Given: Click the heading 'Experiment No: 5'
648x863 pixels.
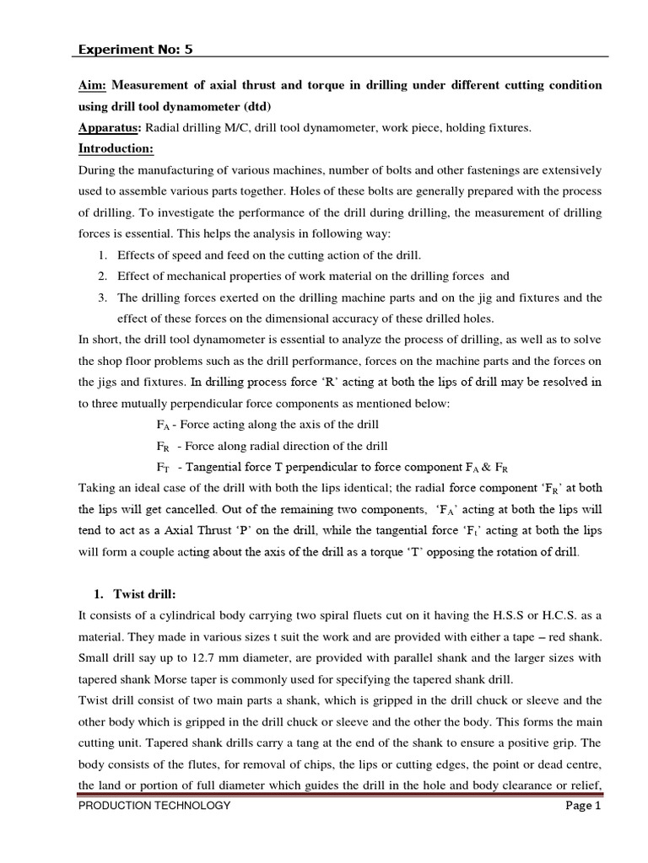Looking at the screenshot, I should click(136, 49).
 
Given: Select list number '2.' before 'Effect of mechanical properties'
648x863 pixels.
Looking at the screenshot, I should click(102, 276).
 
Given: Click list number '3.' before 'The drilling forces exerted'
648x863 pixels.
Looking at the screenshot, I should click(102, 297).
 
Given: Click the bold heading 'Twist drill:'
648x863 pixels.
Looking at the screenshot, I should click(144, 593).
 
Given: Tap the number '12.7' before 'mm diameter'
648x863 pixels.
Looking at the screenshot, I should click(191, 657).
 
